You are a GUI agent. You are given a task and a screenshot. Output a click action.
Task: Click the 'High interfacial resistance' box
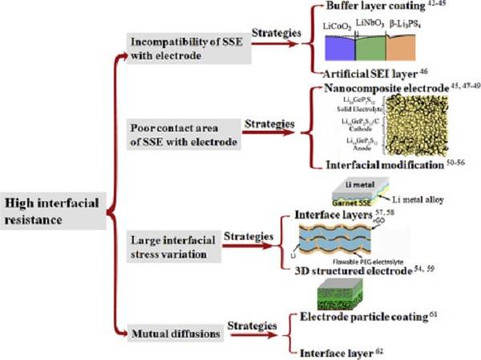[53, 213]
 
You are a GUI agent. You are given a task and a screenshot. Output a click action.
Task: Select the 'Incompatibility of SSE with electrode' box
[188, 49]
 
